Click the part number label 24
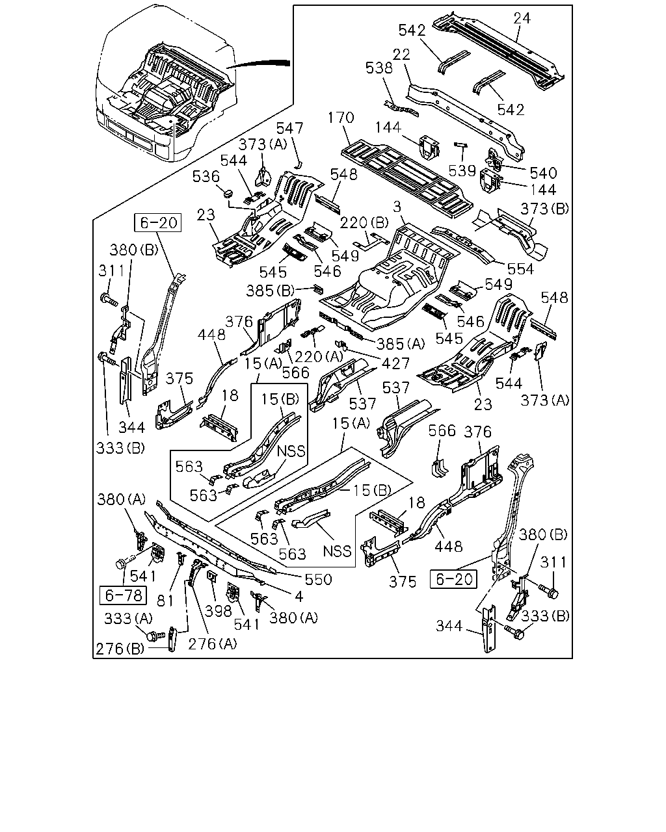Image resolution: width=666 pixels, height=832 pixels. (522, 18)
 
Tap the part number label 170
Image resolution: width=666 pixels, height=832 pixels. (341, 118)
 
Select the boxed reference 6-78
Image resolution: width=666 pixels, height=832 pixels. (124, 595)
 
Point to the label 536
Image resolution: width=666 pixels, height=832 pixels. (206, 177)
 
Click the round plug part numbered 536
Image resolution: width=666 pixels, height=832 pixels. (228, 192)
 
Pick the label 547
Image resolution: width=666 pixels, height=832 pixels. (289, 128)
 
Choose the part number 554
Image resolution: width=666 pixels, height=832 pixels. (520, 269)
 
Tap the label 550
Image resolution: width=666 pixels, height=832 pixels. (318, 579)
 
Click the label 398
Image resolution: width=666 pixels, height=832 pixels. (219, 611)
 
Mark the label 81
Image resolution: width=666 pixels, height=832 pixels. (165, 601)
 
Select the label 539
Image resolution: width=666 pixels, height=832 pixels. (462, 170)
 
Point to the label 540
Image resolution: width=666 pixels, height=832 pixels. (543, 173)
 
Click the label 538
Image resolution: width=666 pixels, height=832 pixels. (379, 68)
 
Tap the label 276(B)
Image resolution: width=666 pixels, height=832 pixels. (120, 649)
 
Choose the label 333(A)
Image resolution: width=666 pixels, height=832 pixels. (129, 619)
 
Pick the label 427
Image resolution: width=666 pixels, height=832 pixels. (395, 363)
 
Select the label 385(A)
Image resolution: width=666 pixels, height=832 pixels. (401, 343)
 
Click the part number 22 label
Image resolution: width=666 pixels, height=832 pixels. (401, 54)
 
